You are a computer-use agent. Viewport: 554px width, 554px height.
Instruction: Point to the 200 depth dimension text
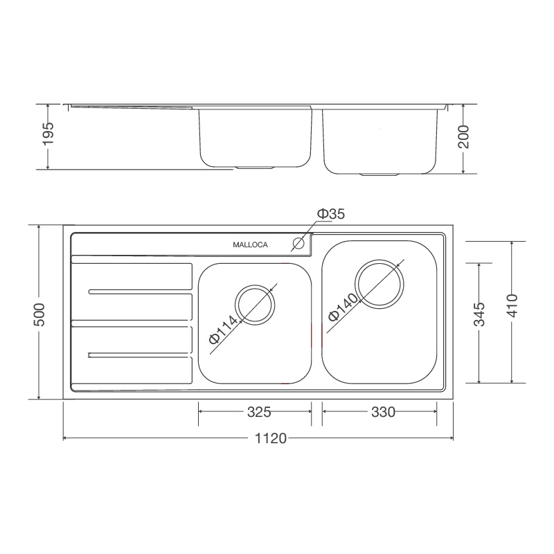463,137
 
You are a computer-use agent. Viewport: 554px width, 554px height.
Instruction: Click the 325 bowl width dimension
258,413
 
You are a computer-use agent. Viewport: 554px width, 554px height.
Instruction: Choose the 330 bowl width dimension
382,413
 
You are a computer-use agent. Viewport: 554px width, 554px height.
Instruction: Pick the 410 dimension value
512,305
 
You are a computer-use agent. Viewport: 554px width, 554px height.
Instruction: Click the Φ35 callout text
330,214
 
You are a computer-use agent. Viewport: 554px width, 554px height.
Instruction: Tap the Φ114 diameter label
223,330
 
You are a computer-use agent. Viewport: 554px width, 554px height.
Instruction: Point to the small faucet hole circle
299,244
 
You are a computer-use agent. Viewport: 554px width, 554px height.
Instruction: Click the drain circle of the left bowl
255,304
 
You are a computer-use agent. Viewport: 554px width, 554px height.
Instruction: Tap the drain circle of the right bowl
379,283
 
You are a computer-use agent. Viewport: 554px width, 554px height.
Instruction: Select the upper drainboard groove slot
138,292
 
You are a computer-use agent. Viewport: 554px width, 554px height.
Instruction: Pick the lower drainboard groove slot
138,355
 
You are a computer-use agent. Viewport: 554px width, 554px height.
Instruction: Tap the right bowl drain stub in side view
379,174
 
